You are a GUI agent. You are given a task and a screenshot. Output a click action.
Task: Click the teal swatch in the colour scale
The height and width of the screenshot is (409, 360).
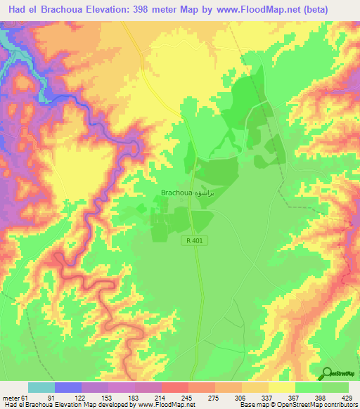(x=41, y=387)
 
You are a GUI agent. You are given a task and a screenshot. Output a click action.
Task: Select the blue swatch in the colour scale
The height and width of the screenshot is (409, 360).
(x=68, y=387)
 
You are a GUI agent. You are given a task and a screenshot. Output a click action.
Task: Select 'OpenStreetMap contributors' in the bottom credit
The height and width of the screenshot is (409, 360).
(x=320, y=404)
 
